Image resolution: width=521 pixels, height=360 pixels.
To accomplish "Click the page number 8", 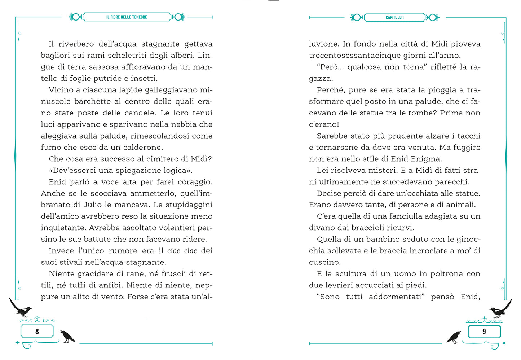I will pyautogui.click(x=37, y=331).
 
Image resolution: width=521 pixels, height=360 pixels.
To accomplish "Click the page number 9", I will pyautogui.click(x=484, y=331).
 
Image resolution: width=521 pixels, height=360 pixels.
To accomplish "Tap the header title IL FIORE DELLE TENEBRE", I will pyautogui.click(x=127, y=17).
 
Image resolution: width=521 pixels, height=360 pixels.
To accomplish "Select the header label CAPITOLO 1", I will pyautogui.click(x=394, y=17).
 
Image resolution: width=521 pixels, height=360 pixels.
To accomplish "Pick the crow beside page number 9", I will pyautogui.click(x=454, y=337).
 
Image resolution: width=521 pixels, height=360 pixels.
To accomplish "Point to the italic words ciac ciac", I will pyautogui.click(x=182, y=251).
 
